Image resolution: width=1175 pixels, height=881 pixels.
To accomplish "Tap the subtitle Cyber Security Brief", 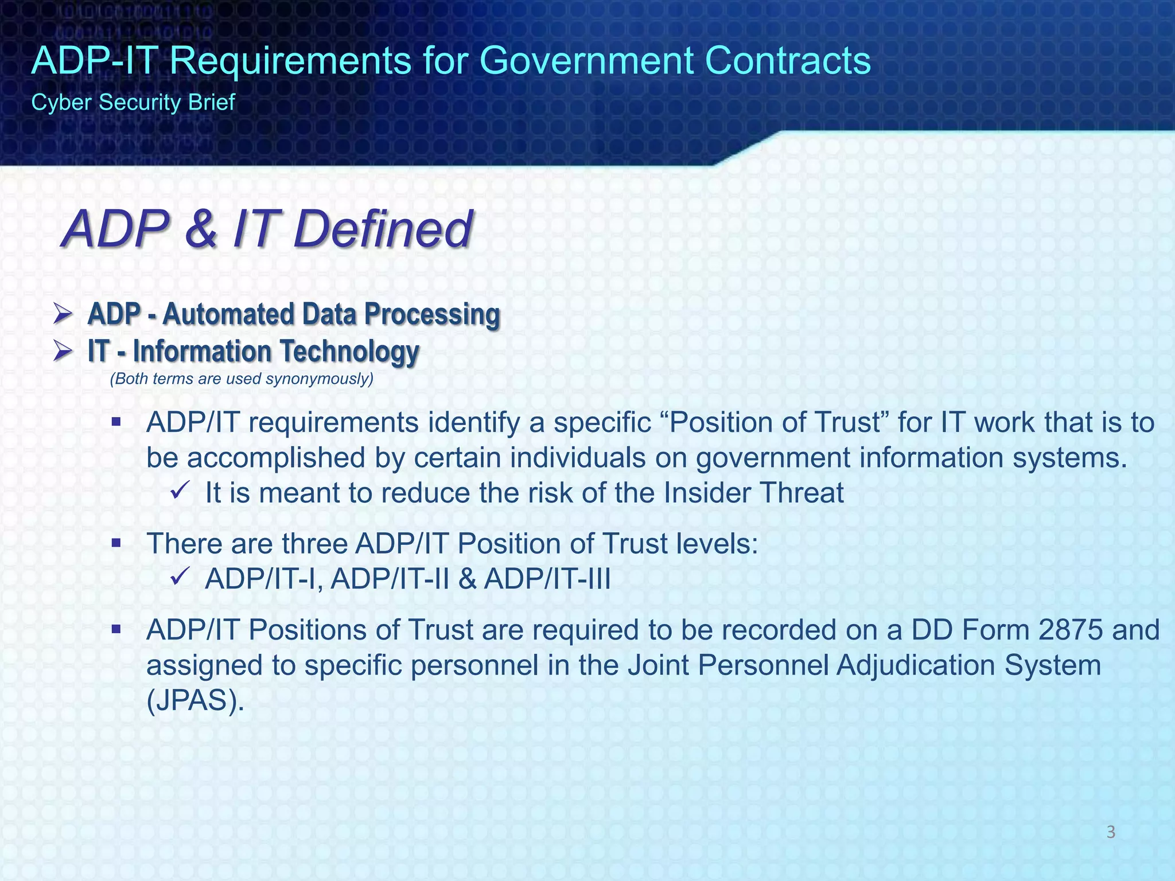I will click(133, 103).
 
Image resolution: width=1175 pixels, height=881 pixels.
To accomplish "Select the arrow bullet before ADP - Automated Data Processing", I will click(62, 314).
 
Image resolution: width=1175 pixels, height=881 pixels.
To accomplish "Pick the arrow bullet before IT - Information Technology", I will click(62, 350).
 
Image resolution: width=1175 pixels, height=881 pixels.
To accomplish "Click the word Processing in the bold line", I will click(432, 314).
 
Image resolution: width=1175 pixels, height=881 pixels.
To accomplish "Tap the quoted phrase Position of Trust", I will click(775, 423).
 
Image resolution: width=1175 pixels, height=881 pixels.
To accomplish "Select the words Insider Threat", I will click(753, 493).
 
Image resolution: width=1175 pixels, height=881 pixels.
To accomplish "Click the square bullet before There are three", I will click(116, 543).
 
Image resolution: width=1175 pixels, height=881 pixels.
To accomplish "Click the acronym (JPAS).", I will click(195, 701).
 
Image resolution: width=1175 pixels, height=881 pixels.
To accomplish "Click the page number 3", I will click(1110, 832).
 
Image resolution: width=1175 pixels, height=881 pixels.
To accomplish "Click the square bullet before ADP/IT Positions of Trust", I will click(116, 629).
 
